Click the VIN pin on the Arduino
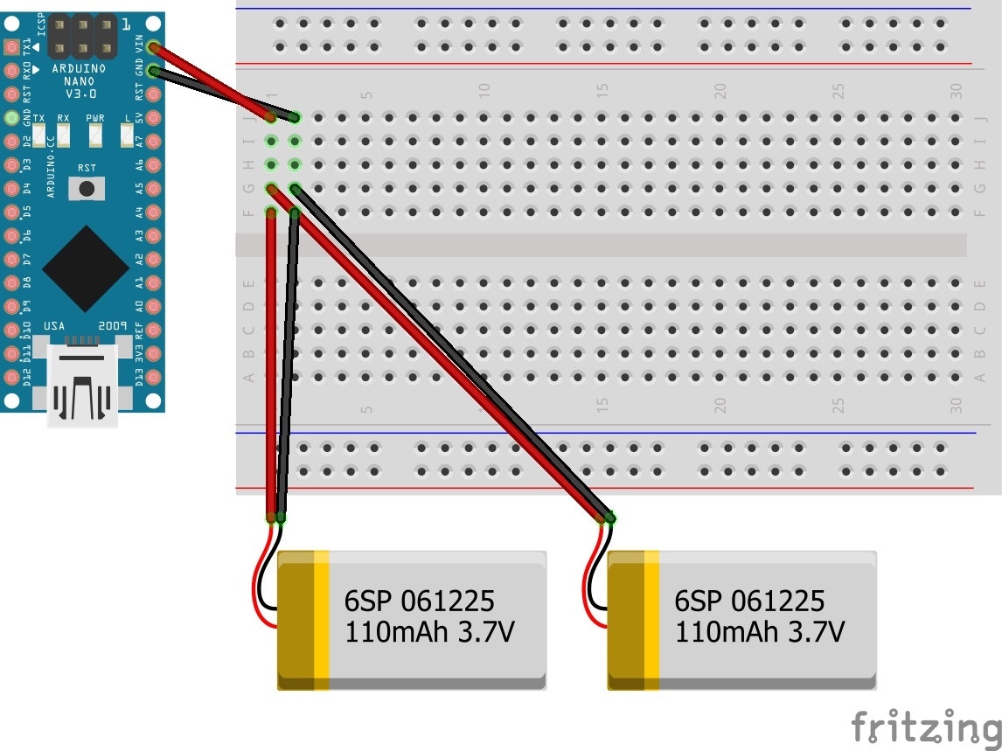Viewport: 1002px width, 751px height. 155,47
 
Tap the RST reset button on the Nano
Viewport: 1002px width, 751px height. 87,188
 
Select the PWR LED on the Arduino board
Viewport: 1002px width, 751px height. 94,135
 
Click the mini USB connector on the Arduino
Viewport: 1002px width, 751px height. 83,385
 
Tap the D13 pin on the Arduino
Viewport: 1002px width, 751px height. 155,377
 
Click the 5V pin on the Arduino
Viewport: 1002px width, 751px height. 155,117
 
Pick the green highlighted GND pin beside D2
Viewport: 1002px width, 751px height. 11,118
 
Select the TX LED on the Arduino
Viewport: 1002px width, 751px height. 39,135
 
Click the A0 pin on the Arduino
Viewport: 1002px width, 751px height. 155,306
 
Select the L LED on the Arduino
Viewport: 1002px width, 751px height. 127,135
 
